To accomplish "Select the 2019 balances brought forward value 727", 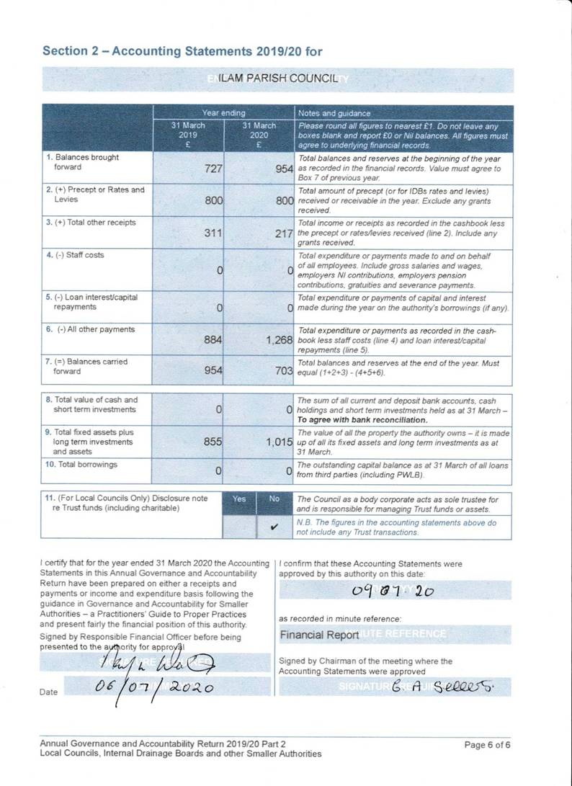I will click(x=213, y=169).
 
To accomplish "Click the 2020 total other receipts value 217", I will click(x=284, y=233).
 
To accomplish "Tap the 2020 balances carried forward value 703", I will click(x=284, y=372).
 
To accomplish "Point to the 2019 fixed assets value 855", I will click(x=213, y=442).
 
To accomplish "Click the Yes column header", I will click(x=239, y=499).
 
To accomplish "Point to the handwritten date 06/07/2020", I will click(x=154, y=687).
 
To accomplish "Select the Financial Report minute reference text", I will click(x=319, y=635).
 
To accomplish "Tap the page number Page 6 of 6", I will click(x=488, y=744).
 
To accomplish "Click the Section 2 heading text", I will click(x=182, y=51).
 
